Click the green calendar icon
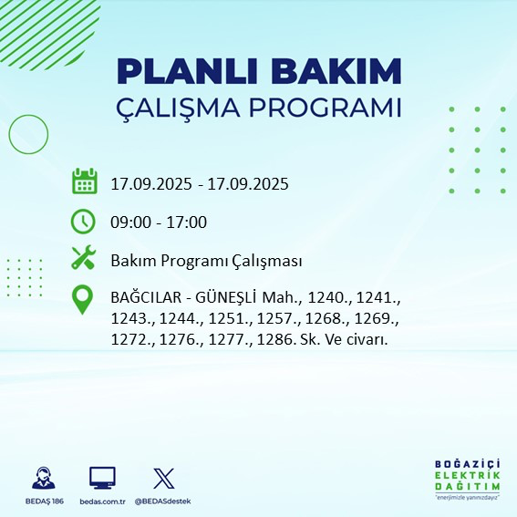[84, 181]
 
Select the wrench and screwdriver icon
[84, 259]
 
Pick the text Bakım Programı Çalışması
[206, 261]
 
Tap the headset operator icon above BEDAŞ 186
[42, 478]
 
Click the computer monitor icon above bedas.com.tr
[102, 478]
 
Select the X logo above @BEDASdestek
[163, 478]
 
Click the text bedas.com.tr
[102, 501]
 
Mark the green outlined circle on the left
[27, 134]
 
